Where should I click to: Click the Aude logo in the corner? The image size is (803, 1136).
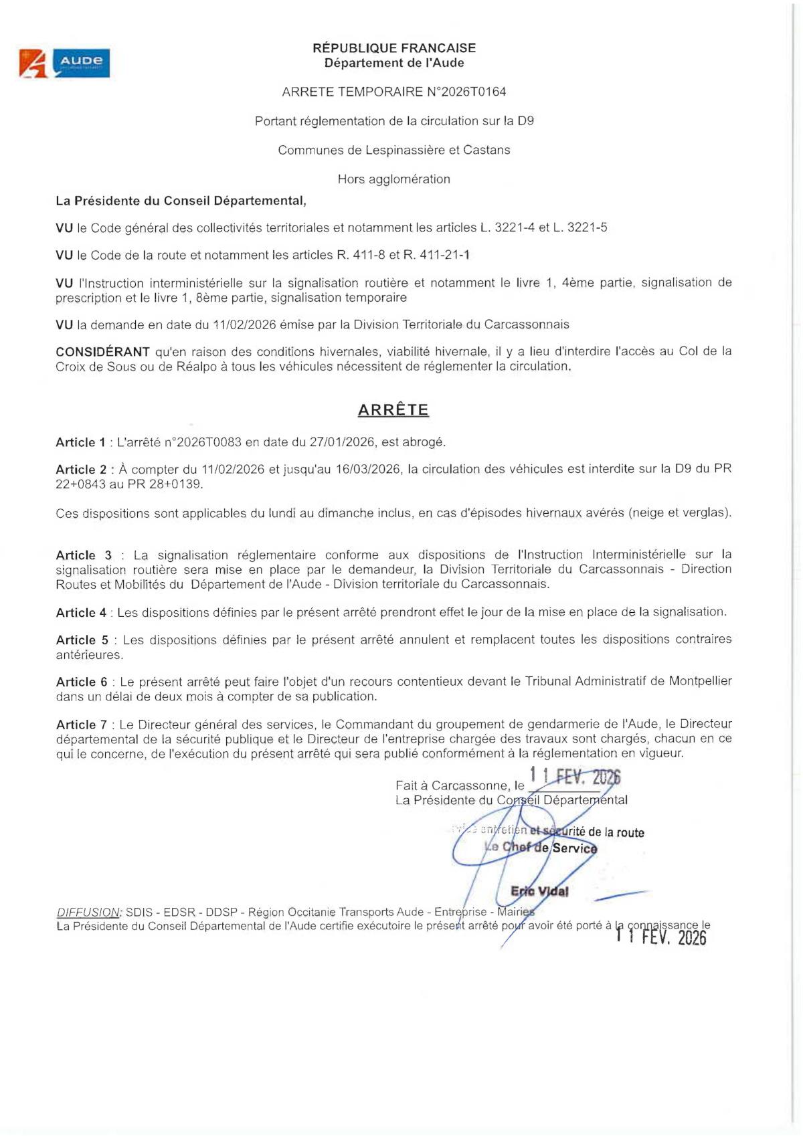[64, 64]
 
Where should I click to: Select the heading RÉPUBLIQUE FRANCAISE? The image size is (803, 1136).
[394, 48]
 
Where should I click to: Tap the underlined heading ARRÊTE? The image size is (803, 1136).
[393, 410]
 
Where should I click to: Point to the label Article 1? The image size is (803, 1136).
[80, 442]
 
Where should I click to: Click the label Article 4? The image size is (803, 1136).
[81, 613]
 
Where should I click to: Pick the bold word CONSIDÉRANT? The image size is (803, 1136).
[102, 352]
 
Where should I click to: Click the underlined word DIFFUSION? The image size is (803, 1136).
[88, 913]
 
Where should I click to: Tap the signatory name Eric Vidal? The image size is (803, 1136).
[539, 891]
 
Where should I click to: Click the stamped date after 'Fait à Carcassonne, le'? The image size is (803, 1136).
[575, 777]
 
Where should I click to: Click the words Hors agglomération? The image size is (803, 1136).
[393, 179]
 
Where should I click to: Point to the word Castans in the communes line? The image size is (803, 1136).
[487, 150]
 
